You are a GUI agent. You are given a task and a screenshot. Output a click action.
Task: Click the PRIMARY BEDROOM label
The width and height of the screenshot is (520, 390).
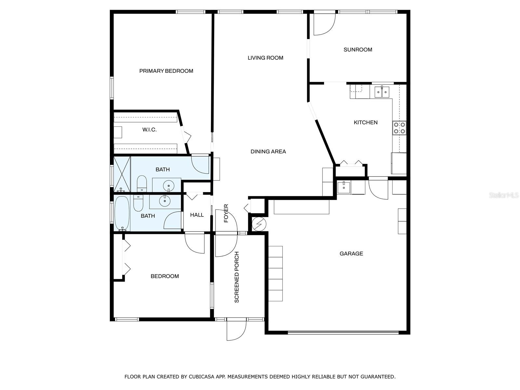click(166, 71)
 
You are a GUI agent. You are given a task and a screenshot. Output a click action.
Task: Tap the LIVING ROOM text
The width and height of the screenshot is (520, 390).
click(265, 58)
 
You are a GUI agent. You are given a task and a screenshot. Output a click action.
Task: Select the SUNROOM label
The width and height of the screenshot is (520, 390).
click(358, 49)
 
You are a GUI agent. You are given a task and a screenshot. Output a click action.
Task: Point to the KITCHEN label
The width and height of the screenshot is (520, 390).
click(366, 123)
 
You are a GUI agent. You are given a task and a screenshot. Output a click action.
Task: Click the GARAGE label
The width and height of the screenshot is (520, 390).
click(351, 253)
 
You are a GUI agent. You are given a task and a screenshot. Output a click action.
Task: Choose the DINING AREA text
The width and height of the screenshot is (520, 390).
click(268, 151)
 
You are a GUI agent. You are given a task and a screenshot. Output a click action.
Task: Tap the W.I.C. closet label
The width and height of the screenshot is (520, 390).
click(149, 130)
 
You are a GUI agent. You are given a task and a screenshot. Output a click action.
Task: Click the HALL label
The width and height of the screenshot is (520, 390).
click(197, 215)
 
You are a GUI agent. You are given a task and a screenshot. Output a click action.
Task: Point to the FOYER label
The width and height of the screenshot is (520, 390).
click(226, 213)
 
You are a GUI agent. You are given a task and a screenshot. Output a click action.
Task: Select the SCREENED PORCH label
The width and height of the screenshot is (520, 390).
click(236, 277)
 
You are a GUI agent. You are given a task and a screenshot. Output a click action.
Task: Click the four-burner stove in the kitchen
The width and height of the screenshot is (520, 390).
click(399, 128)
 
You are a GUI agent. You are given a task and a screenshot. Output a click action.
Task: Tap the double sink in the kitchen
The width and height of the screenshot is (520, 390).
click(382, 92)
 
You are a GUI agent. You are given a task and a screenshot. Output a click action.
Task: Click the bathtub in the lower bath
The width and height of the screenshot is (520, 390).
click(122, 213)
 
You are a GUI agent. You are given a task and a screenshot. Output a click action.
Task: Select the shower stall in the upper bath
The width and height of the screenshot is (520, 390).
click(122, 174)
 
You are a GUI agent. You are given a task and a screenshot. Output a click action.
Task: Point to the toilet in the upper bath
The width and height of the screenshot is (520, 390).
click(142, 184)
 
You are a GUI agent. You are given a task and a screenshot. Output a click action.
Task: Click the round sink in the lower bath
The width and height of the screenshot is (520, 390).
click(165, 201)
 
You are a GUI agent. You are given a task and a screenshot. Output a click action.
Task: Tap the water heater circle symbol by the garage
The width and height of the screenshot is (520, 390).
click(259, 224)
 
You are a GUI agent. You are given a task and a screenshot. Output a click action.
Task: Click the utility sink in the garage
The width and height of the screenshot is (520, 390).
click(344, 188)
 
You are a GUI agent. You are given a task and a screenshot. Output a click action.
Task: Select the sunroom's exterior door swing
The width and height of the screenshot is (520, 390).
click(325, 24)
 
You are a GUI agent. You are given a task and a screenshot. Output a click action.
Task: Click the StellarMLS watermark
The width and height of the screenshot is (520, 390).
click(504, 195)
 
